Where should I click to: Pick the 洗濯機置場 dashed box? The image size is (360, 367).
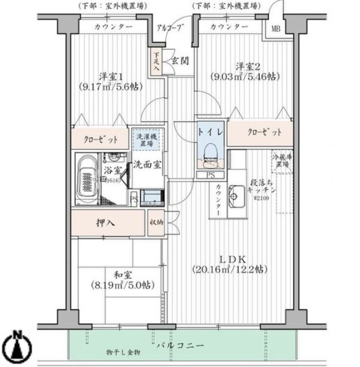[x=145, y=139]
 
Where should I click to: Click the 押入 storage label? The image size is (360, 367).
[x=106, y=223]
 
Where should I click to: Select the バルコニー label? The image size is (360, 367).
[x=180, y=346]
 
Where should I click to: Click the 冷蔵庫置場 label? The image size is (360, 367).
[x=283, y=161]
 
